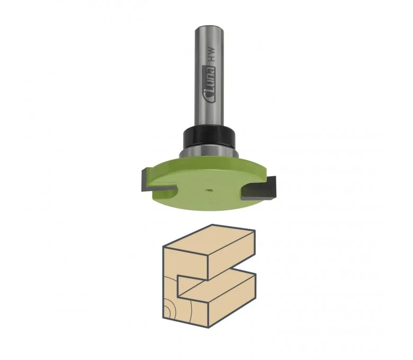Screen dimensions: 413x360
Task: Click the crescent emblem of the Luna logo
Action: (x=210, y=99)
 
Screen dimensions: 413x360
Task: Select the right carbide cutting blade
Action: (x=261, y=187)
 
